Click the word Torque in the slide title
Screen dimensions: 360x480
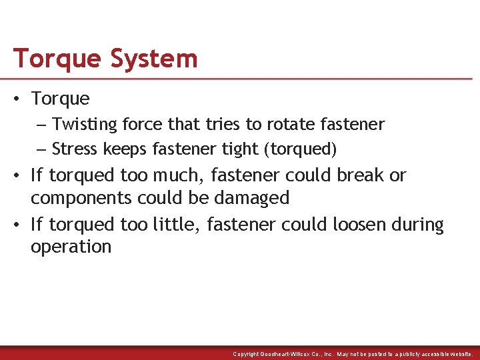coord(57,59)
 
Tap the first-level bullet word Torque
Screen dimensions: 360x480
coord(60,99)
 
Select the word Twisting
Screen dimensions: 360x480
coord(79,125)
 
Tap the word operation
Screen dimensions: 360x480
coord(71,247)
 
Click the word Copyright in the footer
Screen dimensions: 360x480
coord(246,354)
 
